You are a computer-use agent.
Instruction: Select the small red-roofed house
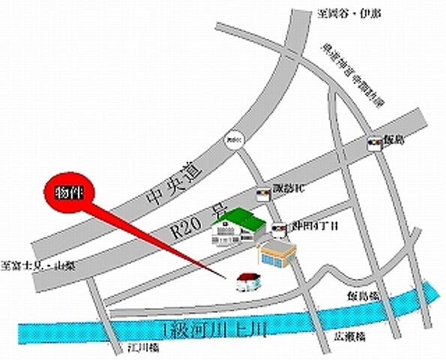[x=247, y=282]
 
